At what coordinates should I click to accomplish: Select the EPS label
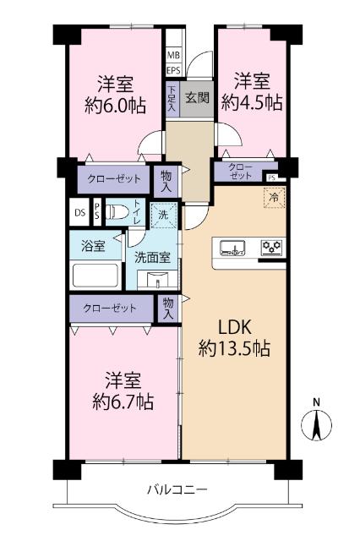coord(172,70)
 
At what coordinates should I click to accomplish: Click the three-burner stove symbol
coord(272,249)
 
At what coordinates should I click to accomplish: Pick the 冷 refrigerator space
coord(274,197)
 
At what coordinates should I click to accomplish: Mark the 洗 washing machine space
coord(164,216)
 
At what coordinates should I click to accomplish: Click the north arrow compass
coord(316,422)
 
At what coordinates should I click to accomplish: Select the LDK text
coord(235,326)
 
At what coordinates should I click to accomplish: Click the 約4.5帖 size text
coord(252,103)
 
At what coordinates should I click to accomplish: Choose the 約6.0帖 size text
coord(115,105)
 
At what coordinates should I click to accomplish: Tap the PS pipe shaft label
coord(96,211)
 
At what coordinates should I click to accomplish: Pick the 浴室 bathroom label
coord(94,247)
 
